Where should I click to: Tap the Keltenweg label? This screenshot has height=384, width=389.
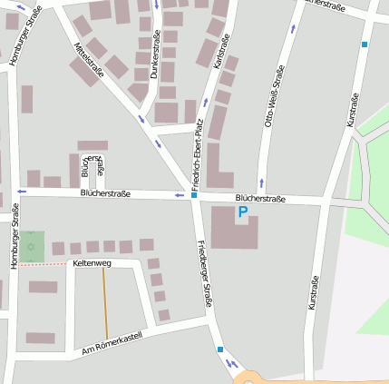coord(92,263)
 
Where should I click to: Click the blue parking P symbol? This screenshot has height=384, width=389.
coord(242,212)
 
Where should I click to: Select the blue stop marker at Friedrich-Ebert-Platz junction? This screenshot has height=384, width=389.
coord(194,194)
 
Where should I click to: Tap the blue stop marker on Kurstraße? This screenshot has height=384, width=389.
coord(365,44)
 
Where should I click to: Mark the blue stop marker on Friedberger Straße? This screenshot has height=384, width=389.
coord(220,349)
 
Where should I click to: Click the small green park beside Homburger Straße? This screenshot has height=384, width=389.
coord(33,246)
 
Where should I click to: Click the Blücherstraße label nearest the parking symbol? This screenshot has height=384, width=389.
coord(260,198)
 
